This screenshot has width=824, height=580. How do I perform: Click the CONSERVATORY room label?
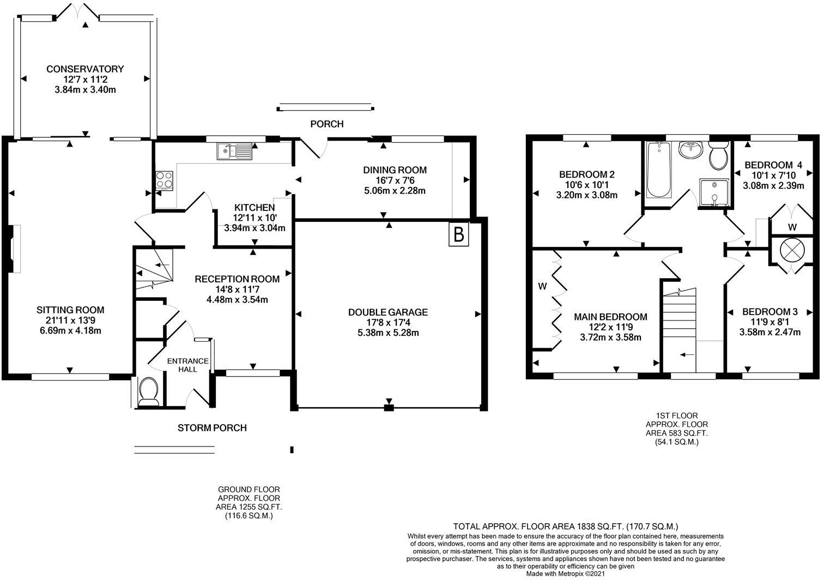[x=85, y=69]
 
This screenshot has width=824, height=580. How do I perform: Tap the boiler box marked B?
[x=459, y=234]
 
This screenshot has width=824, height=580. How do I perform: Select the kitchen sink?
[x=234, y=151]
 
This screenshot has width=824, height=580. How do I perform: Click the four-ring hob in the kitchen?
[x=165, y=180]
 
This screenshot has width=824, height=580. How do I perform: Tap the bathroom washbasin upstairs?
[x=691, y=150]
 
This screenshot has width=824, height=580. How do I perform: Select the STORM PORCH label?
[x=212, y=427]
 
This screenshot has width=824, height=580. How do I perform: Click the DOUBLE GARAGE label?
[x=387, y=312]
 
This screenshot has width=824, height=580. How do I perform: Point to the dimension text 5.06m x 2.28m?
[x=395, y=191]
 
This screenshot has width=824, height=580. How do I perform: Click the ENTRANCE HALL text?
[x=187, y=365]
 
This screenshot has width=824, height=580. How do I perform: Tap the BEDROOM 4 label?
[x=773, y=165]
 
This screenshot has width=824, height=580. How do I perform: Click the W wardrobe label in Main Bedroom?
[x=542, y=286]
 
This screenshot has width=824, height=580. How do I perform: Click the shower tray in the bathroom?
[x=714, y=193]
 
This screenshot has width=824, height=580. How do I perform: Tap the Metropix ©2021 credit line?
[x=565, y=573]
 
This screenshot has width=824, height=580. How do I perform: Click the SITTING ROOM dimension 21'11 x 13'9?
[x=70, y=320]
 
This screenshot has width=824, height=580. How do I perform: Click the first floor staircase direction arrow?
[x=687, y=355]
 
